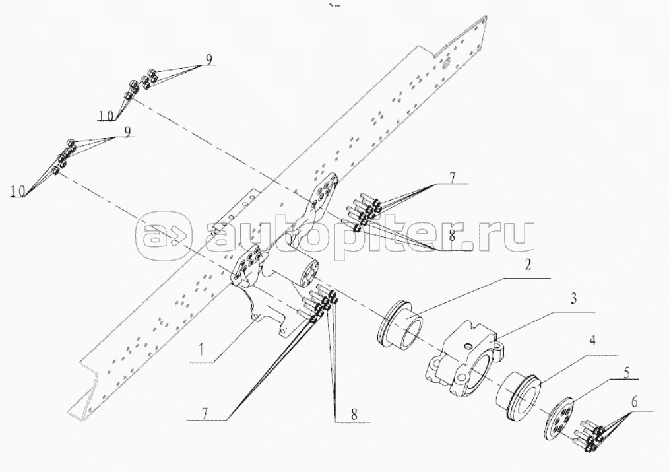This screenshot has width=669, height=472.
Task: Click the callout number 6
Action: (x=634, y=401)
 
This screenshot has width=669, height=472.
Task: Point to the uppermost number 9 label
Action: (x=208, y=59)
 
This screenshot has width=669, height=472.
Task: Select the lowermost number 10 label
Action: (x=18, y=191)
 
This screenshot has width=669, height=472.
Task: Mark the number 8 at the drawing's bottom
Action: (x=354, y=414)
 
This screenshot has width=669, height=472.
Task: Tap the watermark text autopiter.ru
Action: (x=369, y=234)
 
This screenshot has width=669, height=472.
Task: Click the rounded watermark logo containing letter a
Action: (x=162, y=235)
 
